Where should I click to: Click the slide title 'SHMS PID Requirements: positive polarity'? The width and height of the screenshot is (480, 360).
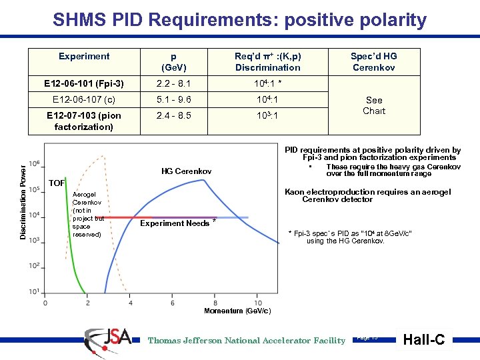click(x=239, y=20)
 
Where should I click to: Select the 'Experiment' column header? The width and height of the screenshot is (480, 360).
click(x=84, y=57)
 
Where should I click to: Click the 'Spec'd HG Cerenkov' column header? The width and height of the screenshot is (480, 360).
click(x=373, y=62)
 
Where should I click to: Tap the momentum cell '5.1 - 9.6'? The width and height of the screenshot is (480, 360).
click(x=173, y=99)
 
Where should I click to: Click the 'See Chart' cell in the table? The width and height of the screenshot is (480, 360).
click(x=373, y=105)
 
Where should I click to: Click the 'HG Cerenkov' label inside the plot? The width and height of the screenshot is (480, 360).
click(x=187, y=172)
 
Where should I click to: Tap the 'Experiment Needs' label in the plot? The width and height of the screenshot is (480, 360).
click(x=175, y=223)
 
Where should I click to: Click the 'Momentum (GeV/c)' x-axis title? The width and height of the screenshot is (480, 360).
click(x=237, y=311)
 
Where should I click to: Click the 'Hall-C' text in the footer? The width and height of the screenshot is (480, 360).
click(x=425, y=340)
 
